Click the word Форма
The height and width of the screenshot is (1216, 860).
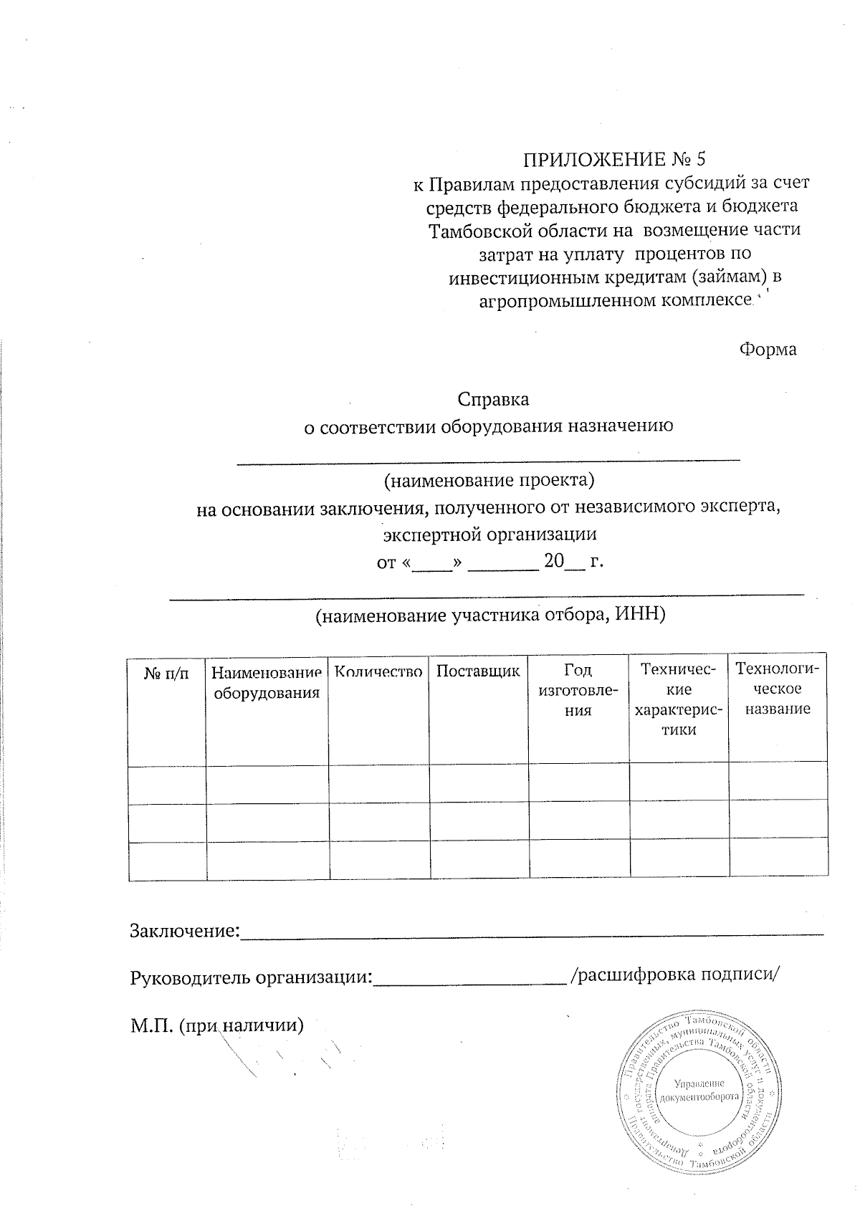click(768, 350)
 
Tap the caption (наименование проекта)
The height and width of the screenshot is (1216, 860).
click(489, 480)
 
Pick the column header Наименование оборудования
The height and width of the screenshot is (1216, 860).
click(267, 683)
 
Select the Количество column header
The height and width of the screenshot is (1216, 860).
click(378, 672)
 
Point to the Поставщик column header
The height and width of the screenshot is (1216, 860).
click(478, 672)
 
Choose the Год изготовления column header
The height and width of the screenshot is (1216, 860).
click(578, 690)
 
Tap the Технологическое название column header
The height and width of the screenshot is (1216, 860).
click(778, 689)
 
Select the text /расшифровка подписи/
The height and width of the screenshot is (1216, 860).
click(674, 975)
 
